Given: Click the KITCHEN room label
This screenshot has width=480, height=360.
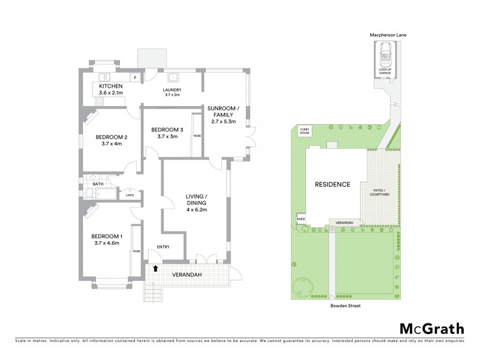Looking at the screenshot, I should coord(110,86).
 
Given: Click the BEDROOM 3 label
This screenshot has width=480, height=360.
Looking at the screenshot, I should coord(167,130).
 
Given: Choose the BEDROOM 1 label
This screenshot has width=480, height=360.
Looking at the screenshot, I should coord(106,236).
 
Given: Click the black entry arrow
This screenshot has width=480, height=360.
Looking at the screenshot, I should coord(156,269).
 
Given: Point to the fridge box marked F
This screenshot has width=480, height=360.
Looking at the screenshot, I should coord(135,78).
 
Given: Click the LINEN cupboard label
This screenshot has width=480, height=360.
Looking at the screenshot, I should coord(130,195).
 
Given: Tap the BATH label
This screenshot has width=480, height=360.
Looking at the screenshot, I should coord(89,184).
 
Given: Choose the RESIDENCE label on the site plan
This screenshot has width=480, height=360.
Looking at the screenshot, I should coord(332,184).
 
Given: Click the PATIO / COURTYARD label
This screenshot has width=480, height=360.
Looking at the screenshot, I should coord(379,193).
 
